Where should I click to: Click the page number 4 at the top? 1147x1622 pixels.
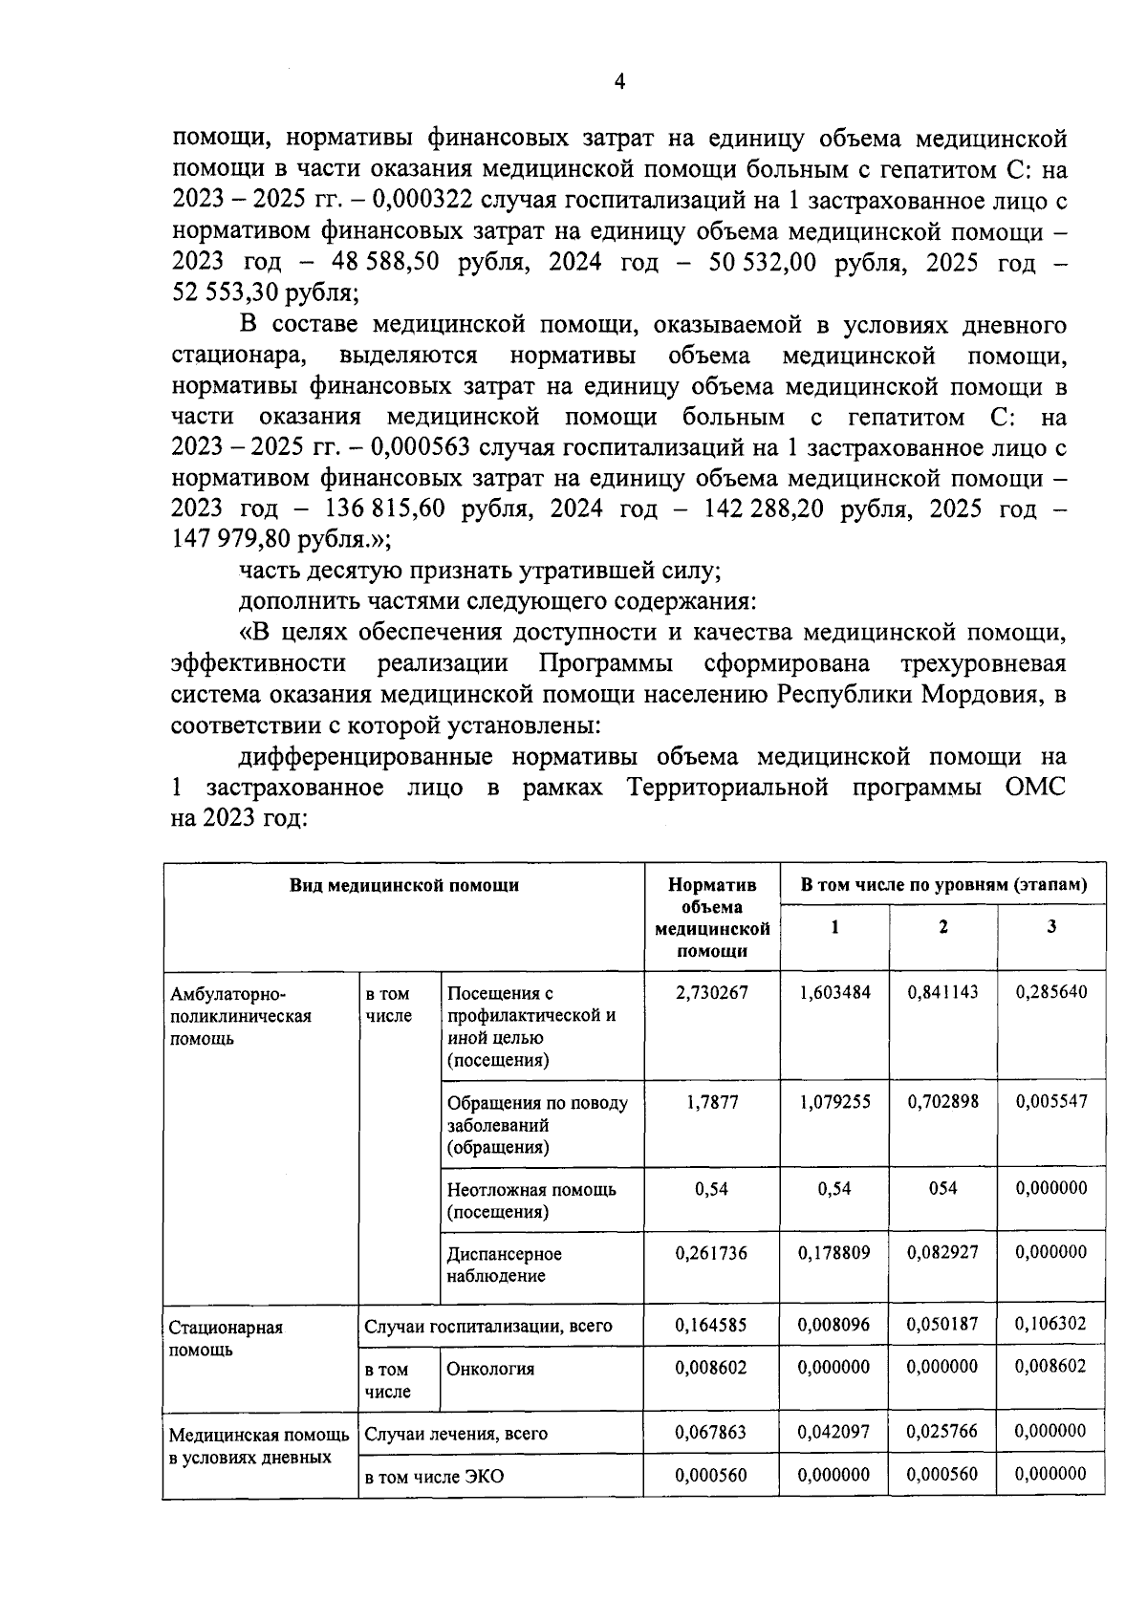[618, 83]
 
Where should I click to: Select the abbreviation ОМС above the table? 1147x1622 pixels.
[1036, 788]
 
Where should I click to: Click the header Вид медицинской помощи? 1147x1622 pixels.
[404, 885]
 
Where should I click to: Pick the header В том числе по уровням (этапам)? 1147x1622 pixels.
[943, 885]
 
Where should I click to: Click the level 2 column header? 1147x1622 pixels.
[942, 926]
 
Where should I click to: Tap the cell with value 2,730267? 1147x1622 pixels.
[711, 992]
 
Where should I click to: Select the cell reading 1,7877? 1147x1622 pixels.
[711, 1102]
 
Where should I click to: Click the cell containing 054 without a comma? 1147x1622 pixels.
[942, 1188]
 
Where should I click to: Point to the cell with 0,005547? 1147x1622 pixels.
[1050, 1101]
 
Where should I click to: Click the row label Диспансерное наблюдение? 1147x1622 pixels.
[505, 1264]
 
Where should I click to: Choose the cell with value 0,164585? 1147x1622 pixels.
[711, 1325]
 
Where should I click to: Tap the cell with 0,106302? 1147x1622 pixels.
[1050, 1324]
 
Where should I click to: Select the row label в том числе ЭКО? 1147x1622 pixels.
[434, 1477]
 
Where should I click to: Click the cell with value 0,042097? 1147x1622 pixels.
[833, 1431]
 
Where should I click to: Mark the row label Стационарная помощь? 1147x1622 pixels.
[226, 1338]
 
